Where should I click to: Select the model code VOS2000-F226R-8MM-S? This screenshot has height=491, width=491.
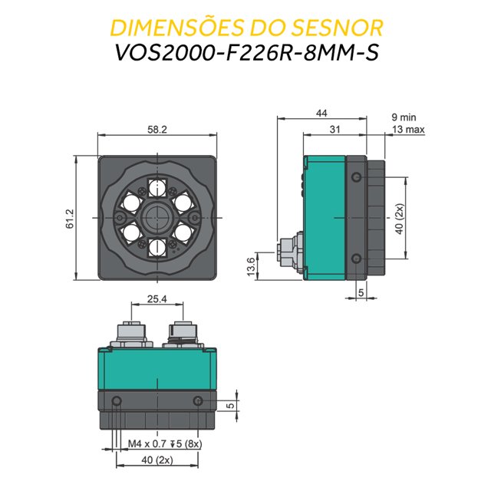point(245,55)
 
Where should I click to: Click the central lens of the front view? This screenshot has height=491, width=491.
point(157,214)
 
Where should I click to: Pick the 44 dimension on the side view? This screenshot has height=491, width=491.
point(321,114)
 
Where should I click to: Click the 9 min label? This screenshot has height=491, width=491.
point(403,117)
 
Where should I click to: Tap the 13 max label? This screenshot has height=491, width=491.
point(407,130)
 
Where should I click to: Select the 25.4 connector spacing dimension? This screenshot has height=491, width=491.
point(156,299)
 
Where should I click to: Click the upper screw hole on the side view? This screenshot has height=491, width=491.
point(355,178)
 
